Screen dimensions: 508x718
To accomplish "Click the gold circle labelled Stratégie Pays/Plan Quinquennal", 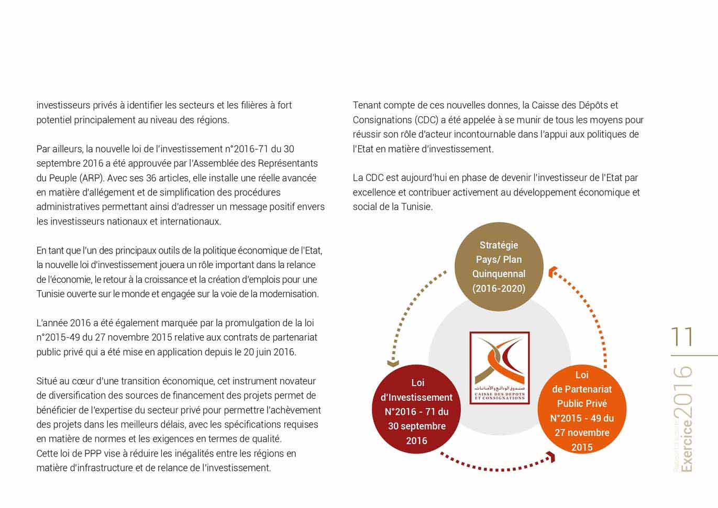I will (499, 267).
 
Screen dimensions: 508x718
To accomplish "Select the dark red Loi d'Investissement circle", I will (417, 411).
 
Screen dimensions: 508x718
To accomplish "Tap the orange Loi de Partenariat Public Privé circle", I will (582, 410).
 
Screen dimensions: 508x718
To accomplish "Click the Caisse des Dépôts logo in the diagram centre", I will (499, 368).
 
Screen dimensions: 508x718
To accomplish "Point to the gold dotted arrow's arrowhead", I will (393, 363).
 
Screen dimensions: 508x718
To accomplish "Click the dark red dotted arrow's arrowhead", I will (550, 458).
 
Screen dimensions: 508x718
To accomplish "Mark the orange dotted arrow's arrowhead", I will (553, 272).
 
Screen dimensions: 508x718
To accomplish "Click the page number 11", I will (682, 337).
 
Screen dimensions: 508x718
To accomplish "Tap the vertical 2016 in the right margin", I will (683, 392).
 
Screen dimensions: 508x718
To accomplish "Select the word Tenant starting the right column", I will (368, 105).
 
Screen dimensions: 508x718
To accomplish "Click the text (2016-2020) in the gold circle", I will (499, 288).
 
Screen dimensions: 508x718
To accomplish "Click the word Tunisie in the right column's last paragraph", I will (416, 207).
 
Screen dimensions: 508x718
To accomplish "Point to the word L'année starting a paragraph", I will (52, 323).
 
